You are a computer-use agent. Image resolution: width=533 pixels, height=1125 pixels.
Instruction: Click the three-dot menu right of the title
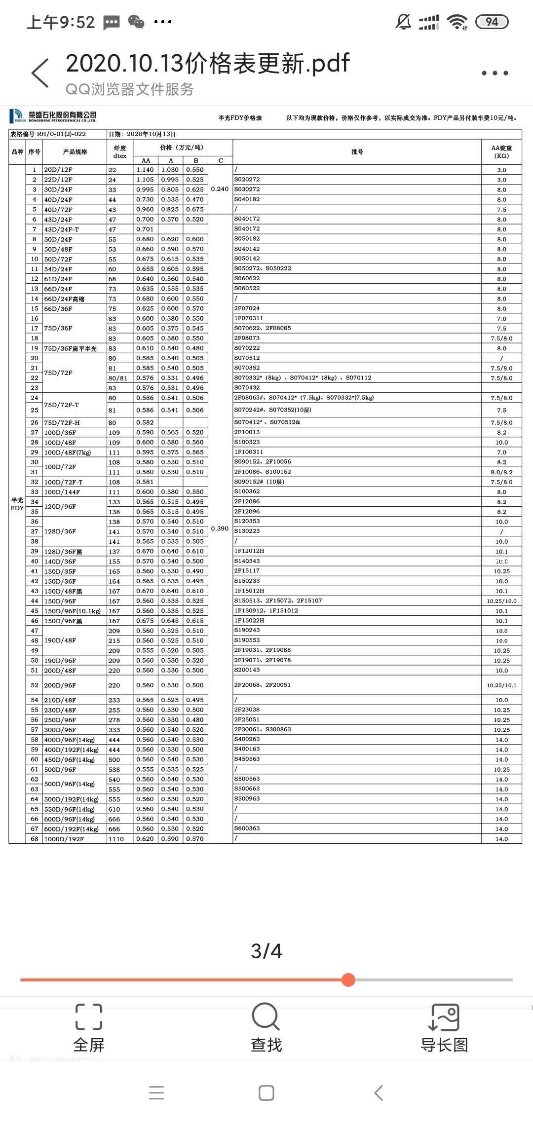click(x=495, y=73)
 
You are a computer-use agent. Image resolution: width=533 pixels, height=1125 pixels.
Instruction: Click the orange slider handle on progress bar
click(x=348, y=979)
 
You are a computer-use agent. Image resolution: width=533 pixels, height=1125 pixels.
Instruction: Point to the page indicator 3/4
click(x=266, y=951)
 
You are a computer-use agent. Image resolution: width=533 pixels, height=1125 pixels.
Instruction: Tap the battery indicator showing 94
click(x=492, y=22)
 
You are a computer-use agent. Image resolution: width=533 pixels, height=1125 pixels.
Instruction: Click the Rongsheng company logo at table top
click(x=53, y=116)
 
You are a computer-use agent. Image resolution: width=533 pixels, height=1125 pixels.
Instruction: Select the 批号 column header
click(x=357, y=152)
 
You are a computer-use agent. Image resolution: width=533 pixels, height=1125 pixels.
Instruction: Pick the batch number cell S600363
click(x=247, y=828)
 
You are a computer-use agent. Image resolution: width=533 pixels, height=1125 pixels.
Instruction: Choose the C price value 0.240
click(x=220, y=189)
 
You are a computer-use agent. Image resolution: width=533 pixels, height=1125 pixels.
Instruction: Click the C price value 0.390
click(x=220, y=528)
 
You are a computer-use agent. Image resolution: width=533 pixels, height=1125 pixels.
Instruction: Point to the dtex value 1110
click(x=116, y=839)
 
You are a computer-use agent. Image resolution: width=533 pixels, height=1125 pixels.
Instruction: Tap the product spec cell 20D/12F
click(x=58, y=170)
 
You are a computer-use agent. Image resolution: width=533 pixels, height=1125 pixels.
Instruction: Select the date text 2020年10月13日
click(x=151, y=134)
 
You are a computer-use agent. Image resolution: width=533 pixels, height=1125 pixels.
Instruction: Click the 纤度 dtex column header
click(x=120, y=151)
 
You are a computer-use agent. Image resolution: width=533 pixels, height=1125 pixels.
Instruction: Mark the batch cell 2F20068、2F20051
click(x=263, y=685)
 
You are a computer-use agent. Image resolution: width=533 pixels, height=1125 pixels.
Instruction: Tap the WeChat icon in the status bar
click(x=136, y=22)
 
